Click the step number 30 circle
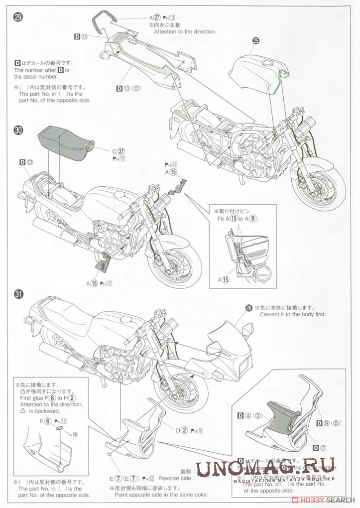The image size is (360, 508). (x=18, y=130)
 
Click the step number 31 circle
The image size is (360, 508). (x=18, y=294)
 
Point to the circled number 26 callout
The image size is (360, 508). (x=249, y=308)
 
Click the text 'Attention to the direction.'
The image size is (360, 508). (x=185, y=31)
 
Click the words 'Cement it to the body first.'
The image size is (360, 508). (x=292, y=315)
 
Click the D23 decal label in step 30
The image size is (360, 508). (x=26, y=162)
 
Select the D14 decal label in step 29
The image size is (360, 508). (x=81, y=36)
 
